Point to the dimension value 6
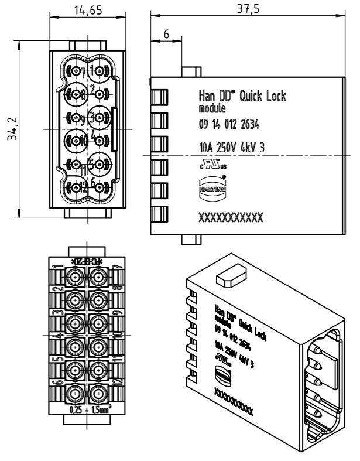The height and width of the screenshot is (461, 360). [166, 35]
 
